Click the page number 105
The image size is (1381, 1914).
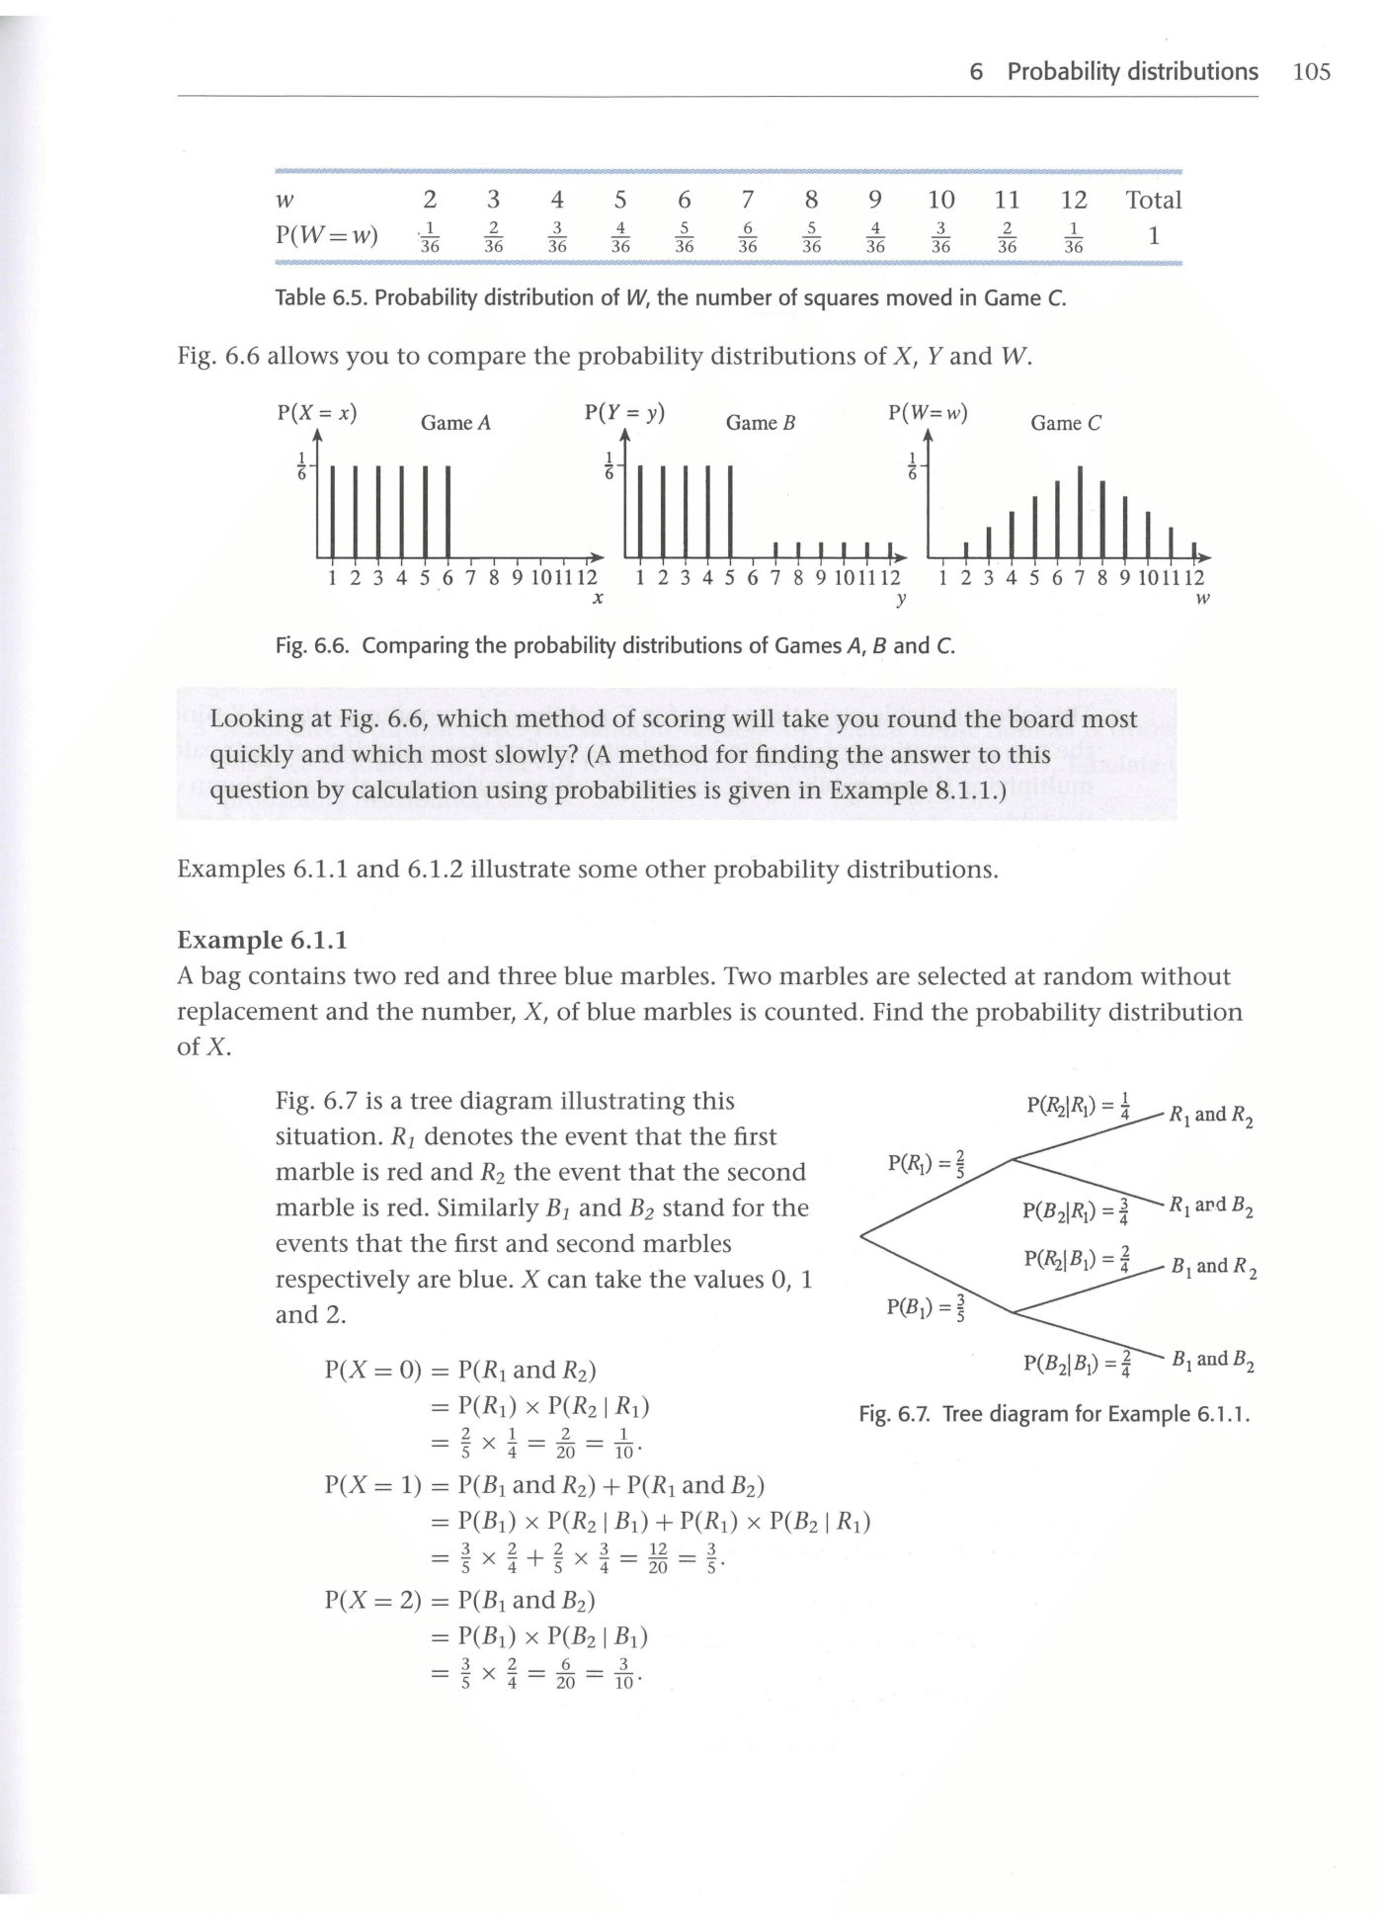[x=1311, y=72]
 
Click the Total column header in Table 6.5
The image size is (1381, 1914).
[x=1153, y=201]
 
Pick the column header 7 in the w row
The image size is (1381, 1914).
[x=748, y=201]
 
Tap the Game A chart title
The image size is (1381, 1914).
[x=455, y=423]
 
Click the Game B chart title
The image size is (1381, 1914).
[x=760, y=423]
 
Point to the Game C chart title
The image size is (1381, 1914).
[x=1065, y=423]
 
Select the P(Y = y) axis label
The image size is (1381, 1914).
[x=624, y=413]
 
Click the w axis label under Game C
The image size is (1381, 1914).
[x=1201, y=599]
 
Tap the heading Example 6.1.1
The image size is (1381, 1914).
[x=262, y=939]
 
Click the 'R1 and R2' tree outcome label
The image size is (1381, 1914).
[x=1210, y=1117]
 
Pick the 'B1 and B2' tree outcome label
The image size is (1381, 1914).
[x=1212, y=1361]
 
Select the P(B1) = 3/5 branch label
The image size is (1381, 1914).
[x=927, y=1307]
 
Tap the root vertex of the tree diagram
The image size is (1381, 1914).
[x=861, y=1235]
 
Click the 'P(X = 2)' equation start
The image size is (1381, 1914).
[x=372, y=1599]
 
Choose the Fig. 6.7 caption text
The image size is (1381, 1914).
[x=1054, y=1414]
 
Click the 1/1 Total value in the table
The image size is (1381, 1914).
[x=1153, y=237]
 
